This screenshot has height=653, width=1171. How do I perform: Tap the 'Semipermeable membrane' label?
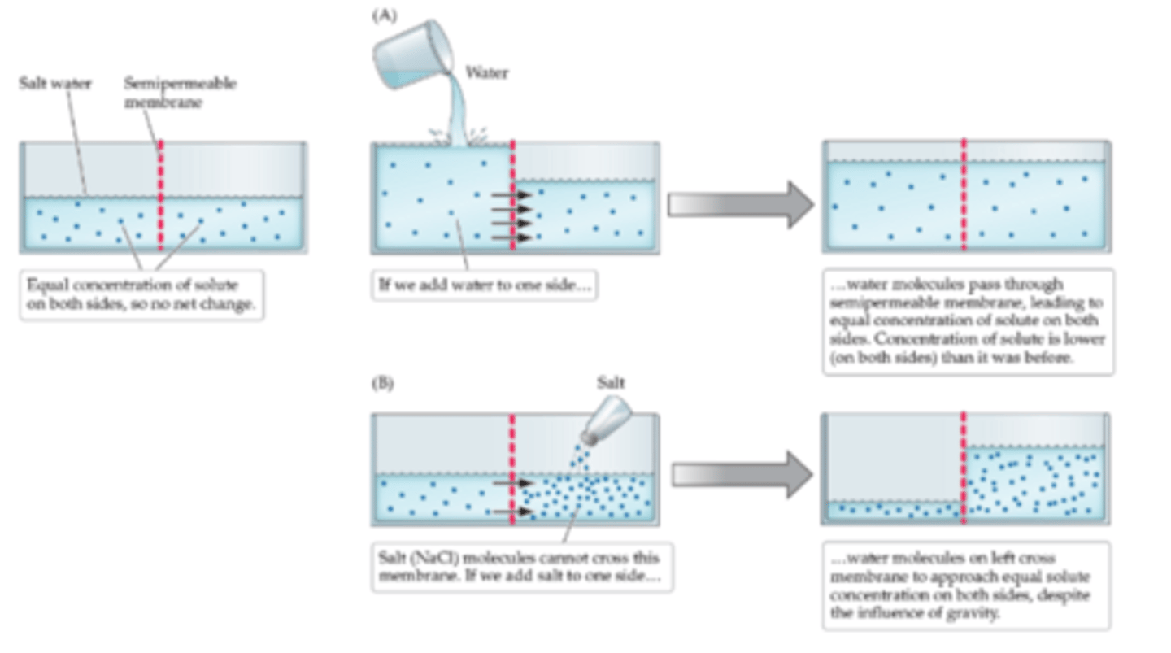point(180,90)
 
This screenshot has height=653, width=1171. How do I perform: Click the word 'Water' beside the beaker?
point(486,73)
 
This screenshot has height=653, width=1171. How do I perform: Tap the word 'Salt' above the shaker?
point(611,383)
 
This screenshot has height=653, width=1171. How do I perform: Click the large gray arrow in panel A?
point(739,205)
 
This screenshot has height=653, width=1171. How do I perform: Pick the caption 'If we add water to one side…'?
point(485,285)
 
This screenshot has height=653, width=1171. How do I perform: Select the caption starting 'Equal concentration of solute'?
point(141,294)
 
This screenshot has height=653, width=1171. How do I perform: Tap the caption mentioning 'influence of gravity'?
point(965,586)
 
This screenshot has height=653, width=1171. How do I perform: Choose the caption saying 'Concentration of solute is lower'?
point(968,321)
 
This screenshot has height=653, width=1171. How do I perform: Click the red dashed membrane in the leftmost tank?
point(160,195)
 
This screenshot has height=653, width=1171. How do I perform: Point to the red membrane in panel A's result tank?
point(964,195)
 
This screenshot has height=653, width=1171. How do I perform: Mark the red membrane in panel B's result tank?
point(964,468)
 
